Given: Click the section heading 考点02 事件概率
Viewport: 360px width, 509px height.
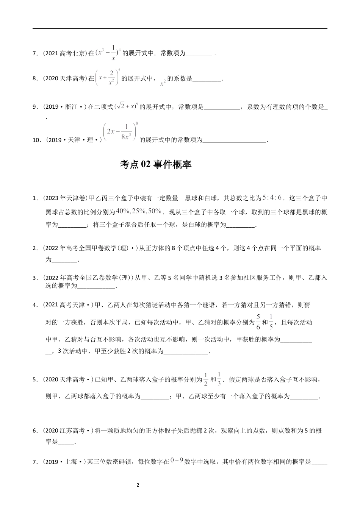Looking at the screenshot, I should (155, 164).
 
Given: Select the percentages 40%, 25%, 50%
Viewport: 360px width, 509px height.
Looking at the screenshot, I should (139, 211).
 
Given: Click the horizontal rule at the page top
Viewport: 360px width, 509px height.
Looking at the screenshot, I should (180, 28).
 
